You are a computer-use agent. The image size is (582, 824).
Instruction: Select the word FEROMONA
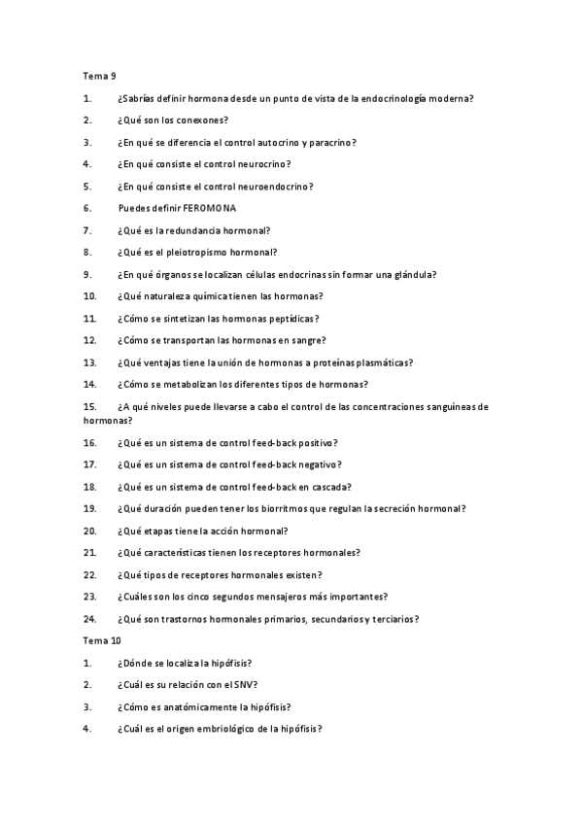pos(209,208)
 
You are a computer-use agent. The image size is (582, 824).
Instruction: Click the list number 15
pos(89,406)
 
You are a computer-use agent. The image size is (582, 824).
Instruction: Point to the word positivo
pos(313,442)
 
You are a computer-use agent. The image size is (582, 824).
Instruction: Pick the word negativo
pos(316,464)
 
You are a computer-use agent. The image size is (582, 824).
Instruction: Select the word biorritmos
pos(275,508)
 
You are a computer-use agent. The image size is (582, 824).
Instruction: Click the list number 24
pos(89,619)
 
